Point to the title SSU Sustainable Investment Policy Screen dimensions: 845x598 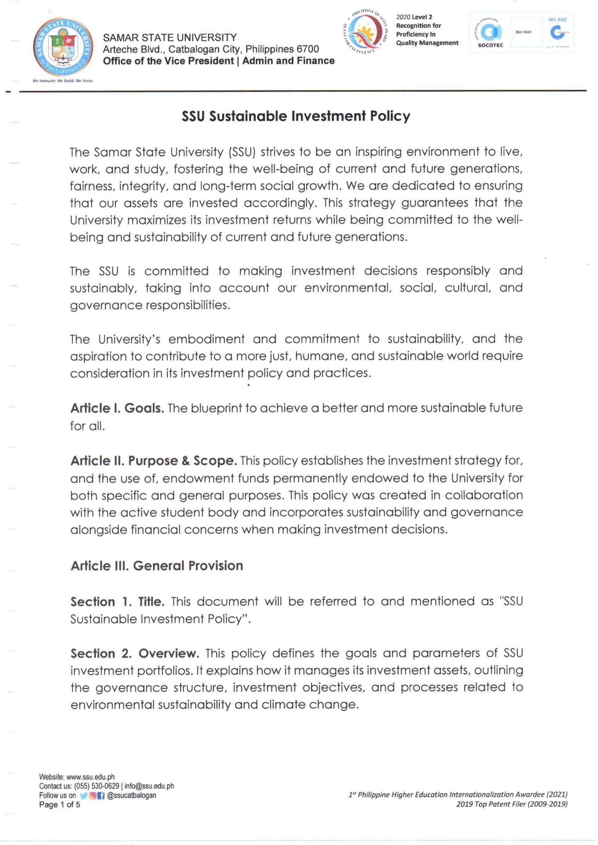[x=296, y=117]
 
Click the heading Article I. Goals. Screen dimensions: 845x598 [x=117, y=408]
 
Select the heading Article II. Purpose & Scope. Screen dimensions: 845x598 [x=153, y=461]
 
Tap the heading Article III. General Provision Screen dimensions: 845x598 [x=157, y=566]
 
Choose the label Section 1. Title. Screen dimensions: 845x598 [x=117, y=601]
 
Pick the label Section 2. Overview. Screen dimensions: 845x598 [x=134, y=653]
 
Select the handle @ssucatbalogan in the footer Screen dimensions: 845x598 [x=131, y=795]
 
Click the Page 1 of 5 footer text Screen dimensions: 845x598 [x=59, y=805]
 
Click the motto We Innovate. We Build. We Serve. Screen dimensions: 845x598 [x=63, y=81]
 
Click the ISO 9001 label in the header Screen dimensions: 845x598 [x=524, y=32]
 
